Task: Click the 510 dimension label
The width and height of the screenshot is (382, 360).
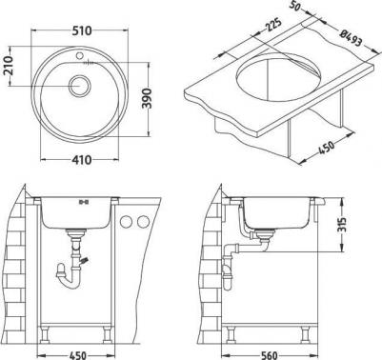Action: click(82, 30)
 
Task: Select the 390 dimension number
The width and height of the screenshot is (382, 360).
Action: click(147, 99)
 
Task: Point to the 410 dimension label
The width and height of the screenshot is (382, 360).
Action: click(82, 160)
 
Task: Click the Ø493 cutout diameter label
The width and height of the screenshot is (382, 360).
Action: click(351, 37)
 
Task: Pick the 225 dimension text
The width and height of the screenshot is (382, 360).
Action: click(272, 25)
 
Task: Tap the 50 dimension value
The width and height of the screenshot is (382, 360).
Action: click(295, 6)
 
